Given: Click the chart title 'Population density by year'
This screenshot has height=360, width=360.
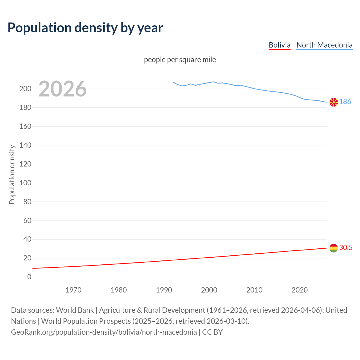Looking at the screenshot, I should point(85,28).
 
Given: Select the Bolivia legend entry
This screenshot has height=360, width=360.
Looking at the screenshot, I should point(279,45).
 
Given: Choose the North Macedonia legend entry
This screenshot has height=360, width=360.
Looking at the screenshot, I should point(324,45).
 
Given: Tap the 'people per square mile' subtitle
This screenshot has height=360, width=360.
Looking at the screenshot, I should point(180,60).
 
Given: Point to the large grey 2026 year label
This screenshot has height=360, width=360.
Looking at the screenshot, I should point(62,89).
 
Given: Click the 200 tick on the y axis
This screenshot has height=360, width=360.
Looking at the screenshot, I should point(25,89).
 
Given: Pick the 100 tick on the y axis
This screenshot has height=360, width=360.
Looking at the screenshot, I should point(25,183).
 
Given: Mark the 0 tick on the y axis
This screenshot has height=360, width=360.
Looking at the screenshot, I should point(29,277).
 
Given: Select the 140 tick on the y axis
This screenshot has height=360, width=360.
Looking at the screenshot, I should point(25,145).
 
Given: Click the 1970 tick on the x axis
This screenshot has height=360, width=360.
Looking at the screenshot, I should point(73,290).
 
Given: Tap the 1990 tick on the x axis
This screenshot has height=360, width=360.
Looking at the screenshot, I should point(164,290).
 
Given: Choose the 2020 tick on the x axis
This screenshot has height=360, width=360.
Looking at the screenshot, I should point(300,290).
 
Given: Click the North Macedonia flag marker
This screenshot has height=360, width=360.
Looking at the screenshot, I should point(334,102).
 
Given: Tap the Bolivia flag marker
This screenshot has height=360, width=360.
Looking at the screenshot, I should point(334,248).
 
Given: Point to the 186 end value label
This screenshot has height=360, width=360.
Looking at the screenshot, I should point(345,102).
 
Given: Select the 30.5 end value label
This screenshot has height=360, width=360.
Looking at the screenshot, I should point(346,247).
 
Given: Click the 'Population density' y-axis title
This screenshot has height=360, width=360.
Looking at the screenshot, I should point(12,174).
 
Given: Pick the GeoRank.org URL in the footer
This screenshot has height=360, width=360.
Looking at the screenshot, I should point(104,332).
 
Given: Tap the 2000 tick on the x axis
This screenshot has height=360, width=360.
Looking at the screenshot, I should point(209,290).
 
